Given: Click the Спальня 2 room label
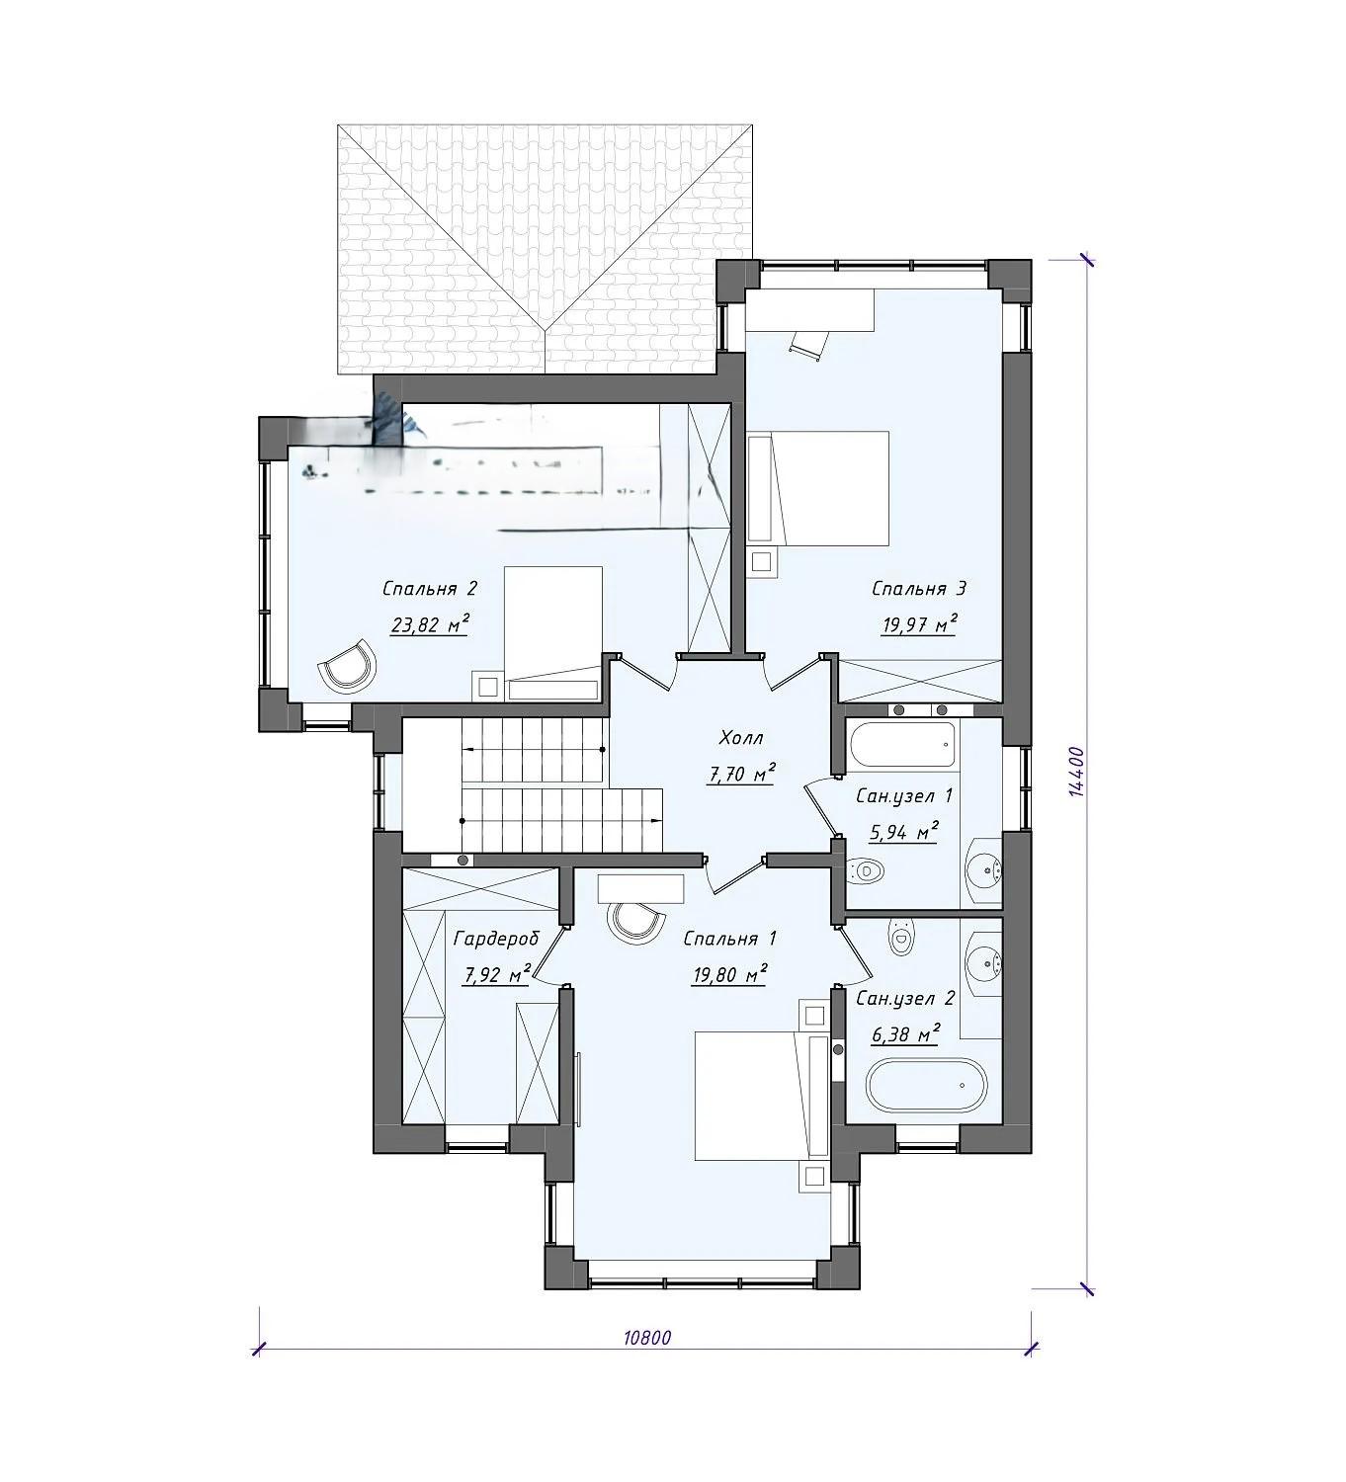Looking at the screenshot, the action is click(430, 589).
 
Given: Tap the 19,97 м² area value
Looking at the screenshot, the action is click(919, 624).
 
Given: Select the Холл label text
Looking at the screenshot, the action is click(740, 737).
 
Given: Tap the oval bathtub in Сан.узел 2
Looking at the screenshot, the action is click(926, 1085).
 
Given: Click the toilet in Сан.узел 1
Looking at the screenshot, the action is click(866, 871).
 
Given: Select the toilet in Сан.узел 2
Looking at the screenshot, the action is click(900, 936).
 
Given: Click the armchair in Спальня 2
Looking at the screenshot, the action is click(348, 665).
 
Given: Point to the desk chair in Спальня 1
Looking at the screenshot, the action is click(635, 921).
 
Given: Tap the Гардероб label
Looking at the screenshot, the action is click(496, 939).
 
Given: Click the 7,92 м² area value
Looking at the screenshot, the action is click(496, 974).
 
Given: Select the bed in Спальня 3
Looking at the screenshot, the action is click(817, 488).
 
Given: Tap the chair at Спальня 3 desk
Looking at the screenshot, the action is click(806, 344).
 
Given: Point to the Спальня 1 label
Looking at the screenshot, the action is click(729, 939).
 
